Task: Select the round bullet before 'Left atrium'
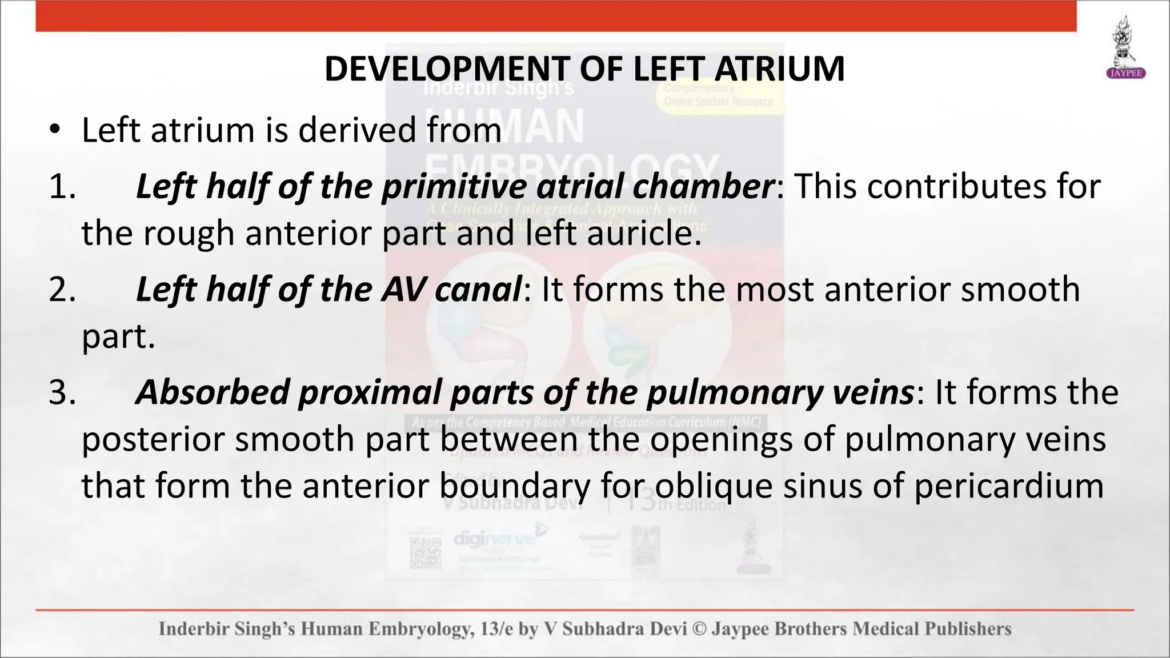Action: click(54, 130)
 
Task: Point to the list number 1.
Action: click(62, 187)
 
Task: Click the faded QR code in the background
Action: click(426, 553)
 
